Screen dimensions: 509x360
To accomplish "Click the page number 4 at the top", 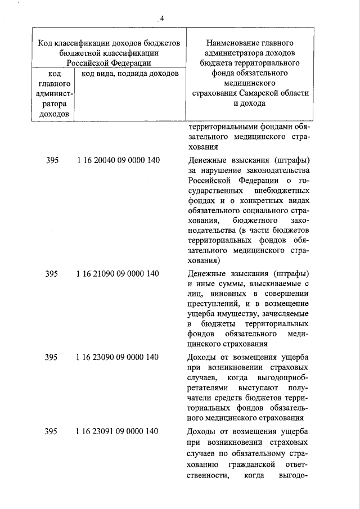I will coord(161,19).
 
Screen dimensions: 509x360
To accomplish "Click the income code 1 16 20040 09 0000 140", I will coord(118,160).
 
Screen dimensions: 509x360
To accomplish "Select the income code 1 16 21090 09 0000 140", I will coord(118,274).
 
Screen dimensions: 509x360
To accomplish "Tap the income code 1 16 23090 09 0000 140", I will coord(118,357).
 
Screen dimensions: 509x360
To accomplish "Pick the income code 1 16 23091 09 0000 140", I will coord(118,431).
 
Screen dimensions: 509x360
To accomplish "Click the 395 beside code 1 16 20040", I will coord(52,160).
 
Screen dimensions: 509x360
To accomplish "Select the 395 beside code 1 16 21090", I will coord(52,274).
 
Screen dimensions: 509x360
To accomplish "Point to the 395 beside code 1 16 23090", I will coord(52,357).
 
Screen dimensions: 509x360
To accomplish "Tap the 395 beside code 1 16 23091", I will coord(52,431).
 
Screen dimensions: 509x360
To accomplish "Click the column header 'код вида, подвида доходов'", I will coord(130,73).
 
